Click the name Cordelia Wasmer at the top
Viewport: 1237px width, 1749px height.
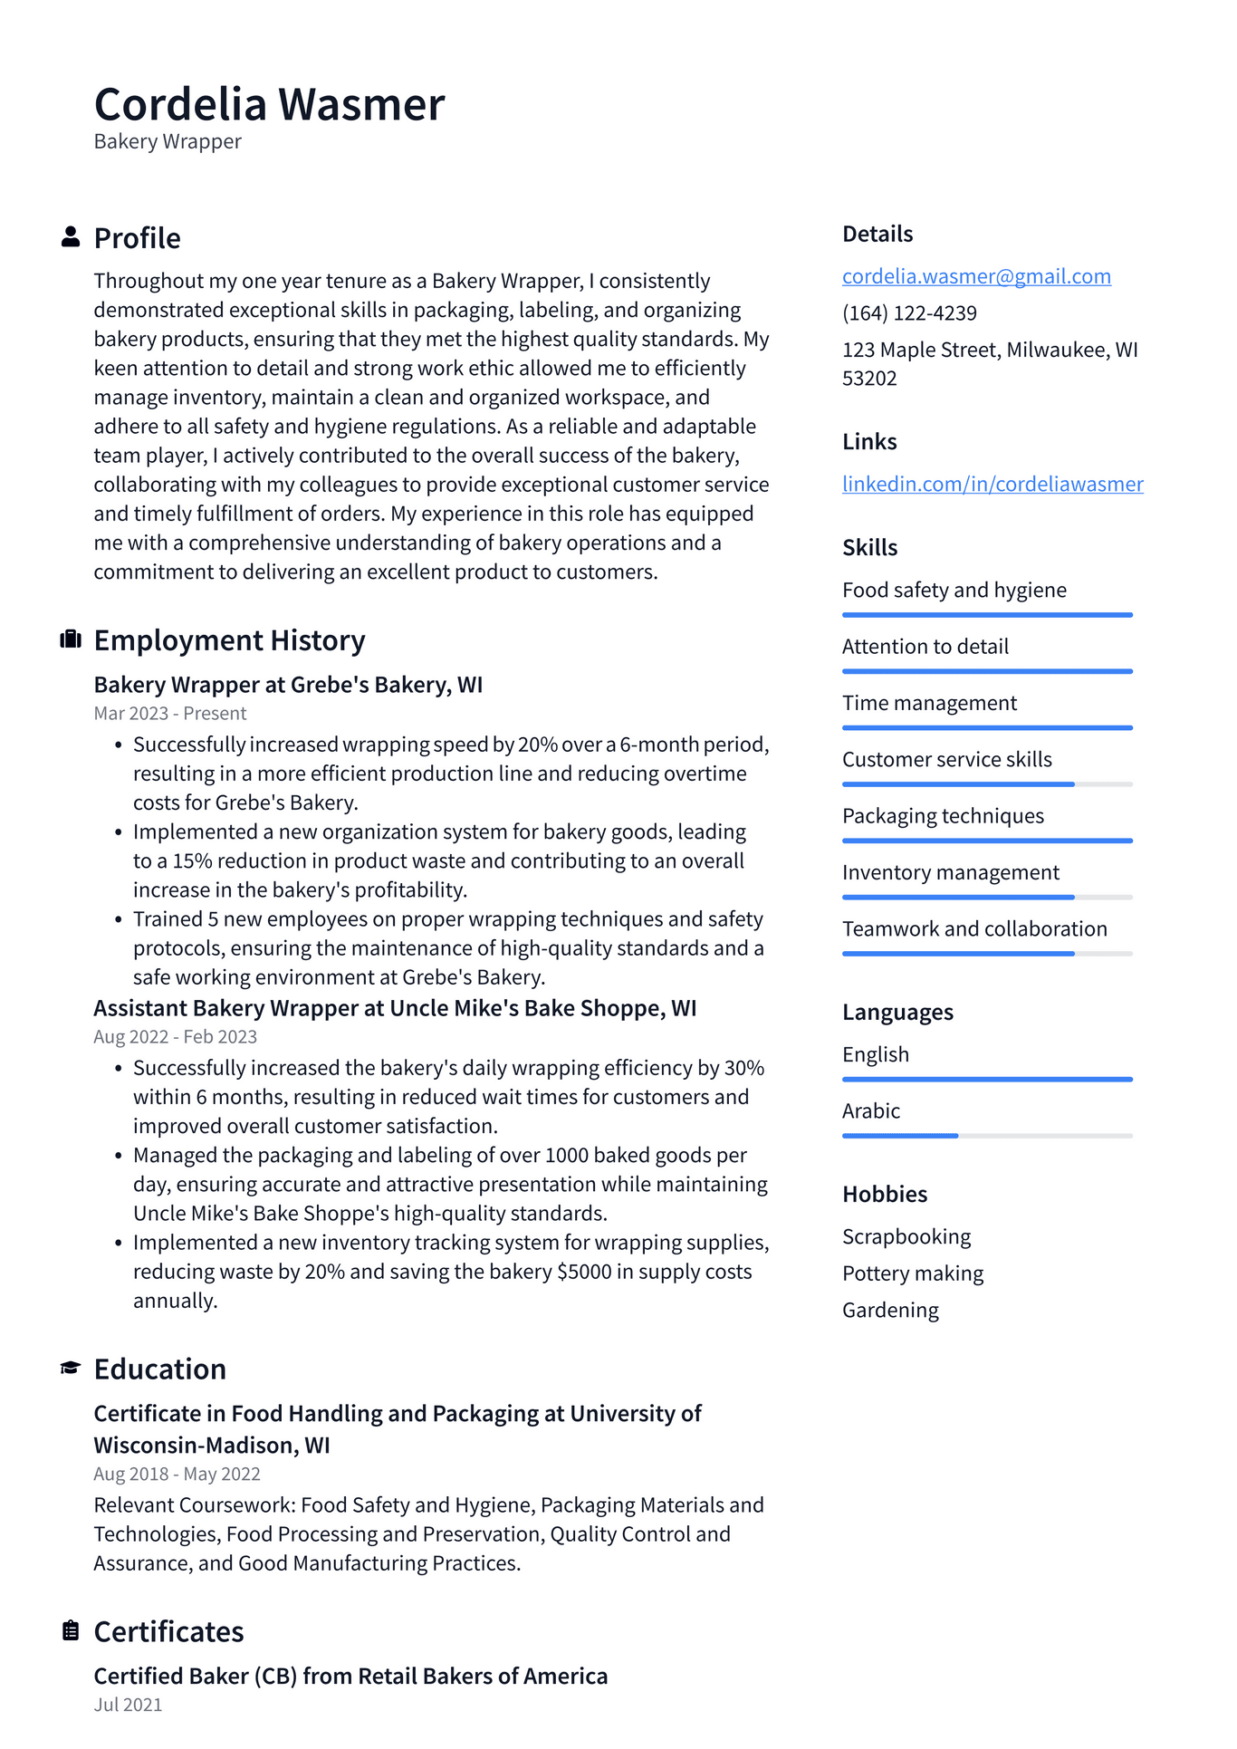269,104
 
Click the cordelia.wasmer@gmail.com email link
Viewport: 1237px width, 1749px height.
976,276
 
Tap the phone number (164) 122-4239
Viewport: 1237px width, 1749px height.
909,313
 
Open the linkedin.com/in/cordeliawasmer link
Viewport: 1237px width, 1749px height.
992,484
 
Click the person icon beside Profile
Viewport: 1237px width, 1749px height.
71,237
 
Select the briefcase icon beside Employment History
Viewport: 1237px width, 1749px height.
71,639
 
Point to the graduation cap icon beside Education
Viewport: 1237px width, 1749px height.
71,1368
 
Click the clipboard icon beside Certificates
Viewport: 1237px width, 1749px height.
71,1630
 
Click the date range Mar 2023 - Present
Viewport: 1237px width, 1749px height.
170,714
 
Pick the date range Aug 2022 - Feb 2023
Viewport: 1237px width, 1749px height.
176,1037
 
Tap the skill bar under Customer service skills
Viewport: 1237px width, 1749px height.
987,784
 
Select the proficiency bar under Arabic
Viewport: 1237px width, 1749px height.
987,1136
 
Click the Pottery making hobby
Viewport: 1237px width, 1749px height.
913,1273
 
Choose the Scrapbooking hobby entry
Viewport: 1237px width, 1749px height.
906,1237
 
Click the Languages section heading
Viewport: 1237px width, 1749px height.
897,1012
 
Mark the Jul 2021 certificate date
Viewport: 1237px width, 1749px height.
128,1705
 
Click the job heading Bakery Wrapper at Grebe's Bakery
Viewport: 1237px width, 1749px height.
288,685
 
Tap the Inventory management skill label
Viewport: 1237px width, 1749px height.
950,872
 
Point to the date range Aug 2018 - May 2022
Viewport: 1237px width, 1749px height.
177,1474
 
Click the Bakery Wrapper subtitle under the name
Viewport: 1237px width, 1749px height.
168,142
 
